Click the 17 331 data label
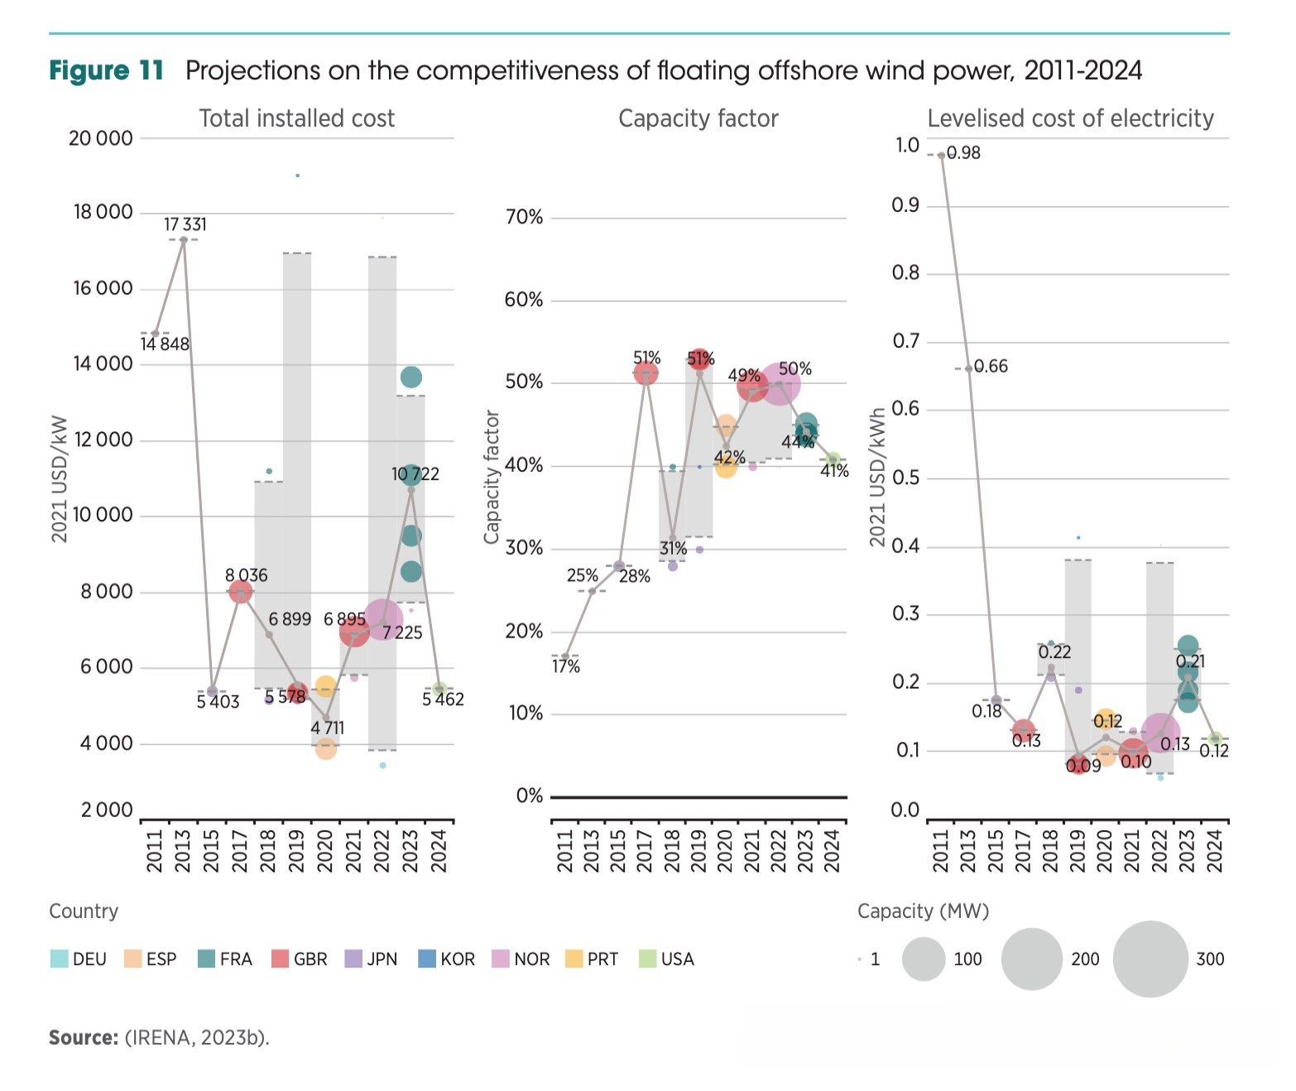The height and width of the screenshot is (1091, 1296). point(185,224)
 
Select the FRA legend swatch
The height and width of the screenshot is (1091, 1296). point(206,959)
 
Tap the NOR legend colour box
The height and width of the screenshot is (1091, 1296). point(500,959)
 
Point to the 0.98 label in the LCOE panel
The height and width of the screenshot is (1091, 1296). point(963,153)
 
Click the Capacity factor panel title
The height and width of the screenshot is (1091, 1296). point(698,118)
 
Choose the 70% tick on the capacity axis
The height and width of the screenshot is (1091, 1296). point(524,218)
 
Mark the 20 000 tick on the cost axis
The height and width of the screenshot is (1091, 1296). point(100,138)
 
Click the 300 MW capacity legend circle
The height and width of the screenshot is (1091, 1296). point(1150,959)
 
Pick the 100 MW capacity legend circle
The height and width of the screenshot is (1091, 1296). point(924,959)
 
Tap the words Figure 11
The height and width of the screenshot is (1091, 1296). point(107,71)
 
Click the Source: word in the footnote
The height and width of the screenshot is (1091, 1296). point(84,1038)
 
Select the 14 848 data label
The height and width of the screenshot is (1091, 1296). point(165,344)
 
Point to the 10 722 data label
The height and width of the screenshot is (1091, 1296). point(415,474)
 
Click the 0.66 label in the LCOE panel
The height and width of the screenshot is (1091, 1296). point(991,367)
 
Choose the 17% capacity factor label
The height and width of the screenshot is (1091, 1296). point(567,667)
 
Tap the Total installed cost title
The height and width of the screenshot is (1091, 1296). point(296,118)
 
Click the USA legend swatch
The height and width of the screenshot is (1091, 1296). point(647,959)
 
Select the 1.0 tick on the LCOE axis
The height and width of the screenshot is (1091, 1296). point(907,146)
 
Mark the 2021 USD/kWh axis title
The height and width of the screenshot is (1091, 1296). point(877,478)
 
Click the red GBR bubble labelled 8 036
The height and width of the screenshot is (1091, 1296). point(240,592)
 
